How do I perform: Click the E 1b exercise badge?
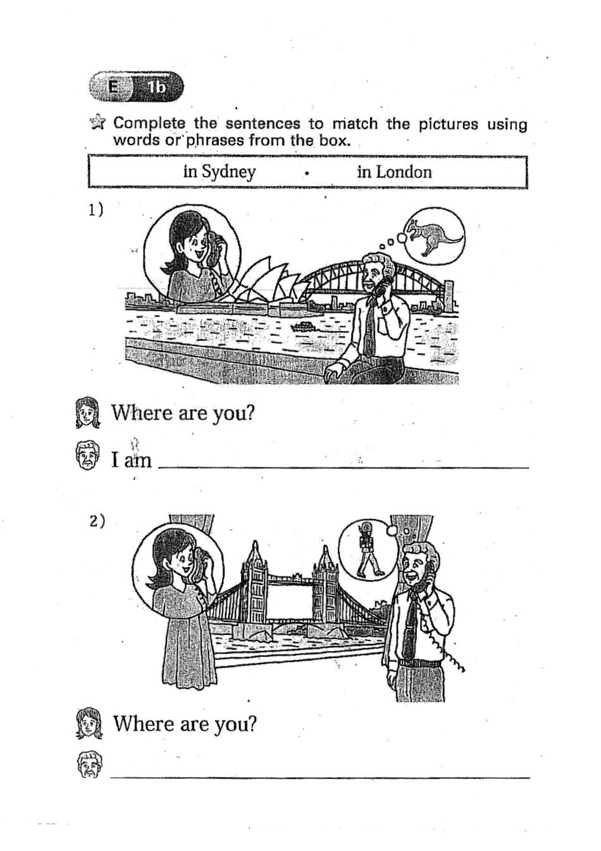pyautogui.click(x=136, y=87)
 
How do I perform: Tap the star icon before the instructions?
pyautogui.click(x=98, y=122)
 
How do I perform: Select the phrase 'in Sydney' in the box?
pyautogui.click(x=219, y=172)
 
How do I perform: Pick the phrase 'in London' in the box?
pyautogui.click(x=394, y=172)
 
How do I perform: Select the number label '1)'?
pyautogui.click(x=96, y=209)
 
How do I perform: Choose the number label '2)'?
pyautogui.click(x=96, y=521)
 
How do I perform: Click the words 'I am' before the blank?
pyautogui.click(x=132, y=460)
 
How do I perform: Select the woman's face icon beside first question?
pyautogui.click(x=88, y=413)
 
